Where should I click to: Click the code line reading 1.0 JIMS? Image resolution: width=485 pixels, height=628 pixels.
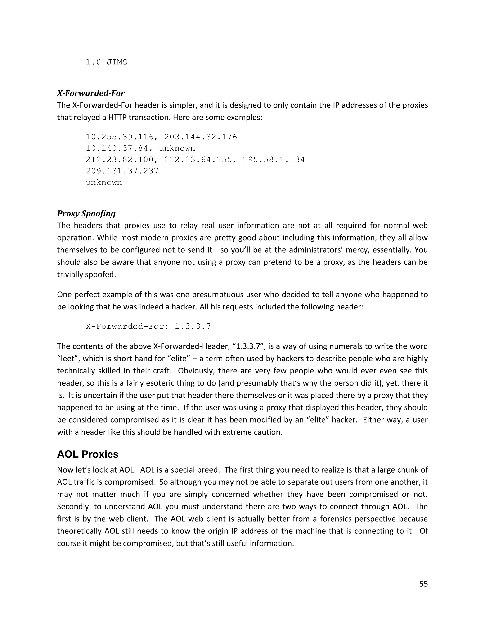click(x=106, y=62)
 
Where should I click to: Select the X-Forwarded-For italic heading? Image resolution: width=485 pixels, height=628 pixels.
click(x=91, y=93)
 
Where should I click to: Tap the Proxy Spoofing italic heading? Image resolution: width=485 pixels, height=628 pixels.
click(x=86, y=213)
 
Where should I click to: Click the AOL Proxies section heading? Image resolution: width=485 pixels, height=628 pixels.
click(x=88, y=454)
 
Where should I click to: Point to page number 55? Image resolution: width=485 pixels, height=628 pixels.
click(x=423, y=584)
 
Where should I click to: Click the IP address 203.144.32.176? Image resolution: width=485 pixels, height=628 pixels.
click(x=201, y=137)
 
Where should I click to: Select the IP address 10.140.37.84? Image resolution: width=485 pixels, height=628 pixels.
click(x=117, y=148)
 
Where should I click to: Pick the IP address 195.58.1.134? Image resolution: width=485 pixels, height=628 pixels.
click(x=274, y=159)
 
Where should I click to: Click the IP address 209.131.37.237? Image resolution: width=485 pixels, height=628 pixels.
click(x=122, y=171)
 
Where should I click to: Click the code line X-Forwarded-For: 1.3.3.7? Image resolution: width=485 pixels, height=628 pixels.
click(x=148, y=326)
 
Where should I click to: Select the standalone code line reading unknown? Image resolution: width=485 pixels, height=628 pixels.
click(x=104, y=182)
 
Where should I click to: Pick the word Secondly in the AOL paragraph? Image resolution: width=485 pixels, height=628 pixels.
click(x=74, y=506)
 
